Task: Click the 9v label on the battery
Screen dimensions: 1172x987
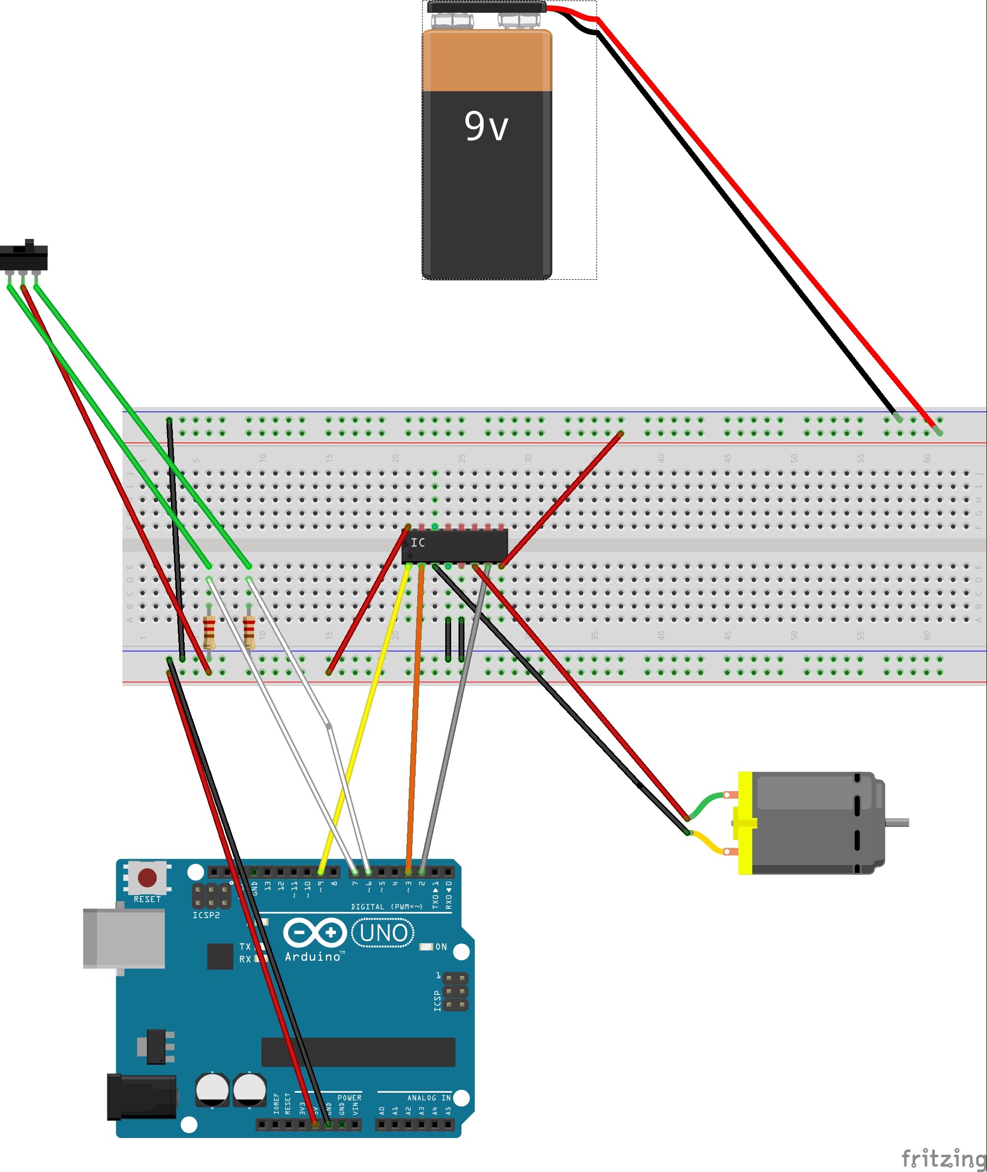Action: click(486, 126)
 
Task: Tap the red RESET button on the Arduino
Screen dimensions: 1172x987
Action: click(147, 877)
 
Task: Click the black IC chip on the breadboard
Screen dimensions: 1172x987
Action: click(454, 546)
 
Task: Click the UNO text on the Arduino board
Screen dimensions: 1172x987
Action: click(383, 933)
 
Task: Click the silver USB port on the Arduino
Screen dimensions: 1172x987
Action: click(124, 938)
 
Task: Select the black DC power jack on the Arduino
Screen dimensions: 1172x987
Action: click(141, 1097)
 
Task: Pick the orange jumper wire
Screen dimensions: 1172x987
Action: click(415, 716)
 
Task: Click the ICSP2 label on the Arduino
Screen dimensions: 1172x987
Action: click(206, 915)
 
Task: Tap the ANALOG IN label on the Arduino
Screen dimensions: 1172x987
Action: click(428, 1098)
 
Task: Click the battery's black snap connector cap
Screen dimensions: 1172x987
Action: click(486, 7)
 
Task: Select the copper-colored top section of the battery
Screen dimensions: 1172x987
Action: click(487, 61)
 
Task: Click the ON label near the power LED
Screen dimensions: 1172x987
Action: click(441, 946)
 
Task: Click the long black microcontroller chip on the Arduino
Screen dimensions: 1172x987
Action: click(358, 1052)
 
